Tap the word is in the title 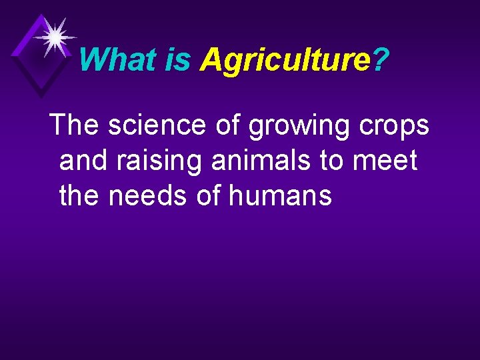point(177,60)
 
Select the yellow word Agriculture point(285,60)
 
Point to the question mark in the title point(381,60)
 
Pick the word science point(157,124)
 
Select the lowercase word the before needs point(81,196)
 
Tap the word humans point(281,196)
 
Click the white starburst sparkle point(55,36)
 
